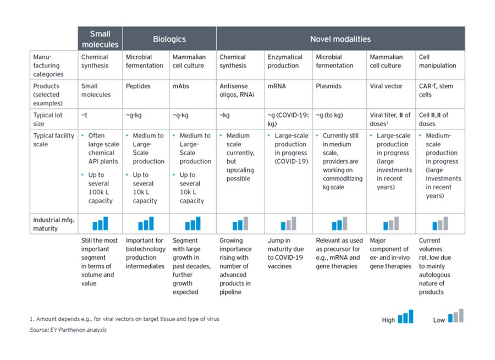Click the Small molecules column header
tap(100, 39)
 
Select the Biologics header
tap(169, 39)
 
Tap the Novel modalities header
tap(340, 39)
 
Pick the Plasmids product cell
tap(329, 86)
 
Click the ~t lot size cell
tap(85, 115)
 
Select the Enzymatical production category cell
tap(285, 61)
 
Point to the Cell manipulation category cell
tap(437, 61)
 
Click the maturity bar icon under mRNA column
tap(288, 223)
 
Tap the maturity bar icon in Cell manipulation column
tap(440, 223)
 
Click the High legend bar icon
tap(405, 317)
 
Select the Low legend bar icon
tap(456, 315)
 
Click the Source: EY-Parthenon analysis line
tap(68, 330)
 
